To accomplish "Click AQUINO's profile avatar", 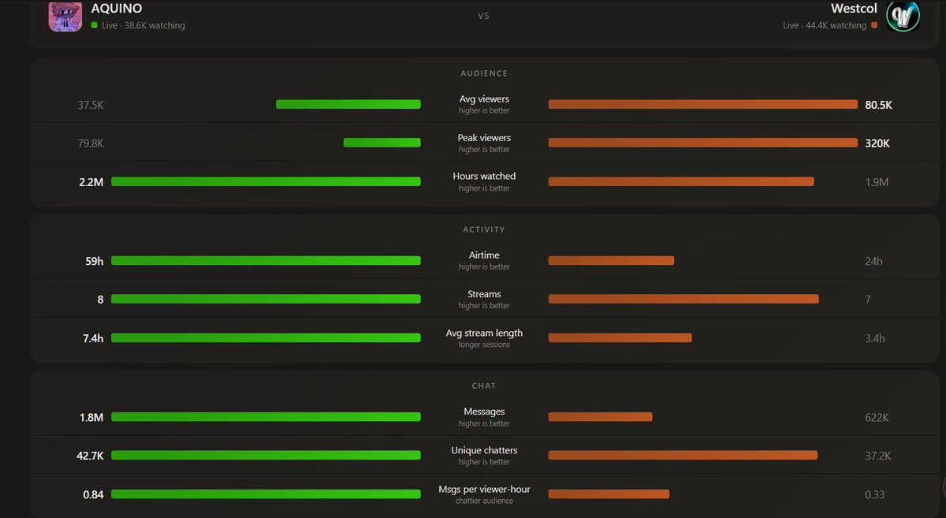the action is point(65,16).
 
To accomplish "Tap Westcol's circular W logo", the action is point(903,16).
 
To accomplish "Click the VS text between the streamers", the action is point(483,16).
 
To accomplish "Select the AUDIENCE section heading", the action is point(484,73).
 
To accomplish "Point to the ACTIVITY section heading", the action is point(484,229).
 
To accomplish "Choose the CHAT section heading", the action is point(484,386).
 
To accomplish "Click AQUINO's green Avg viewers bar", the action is point(348,104).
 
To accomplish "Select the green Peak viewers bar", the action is point(382,143).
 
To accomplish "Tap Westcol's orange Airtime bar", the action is point(611,261).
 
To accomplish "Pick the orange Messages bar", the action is point(600,417).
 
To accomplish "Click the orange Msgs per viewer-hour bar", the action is point(609,494).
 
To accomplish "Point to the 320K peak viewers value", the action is point(877,143).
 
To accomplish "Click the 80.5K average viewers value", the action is point(878,105).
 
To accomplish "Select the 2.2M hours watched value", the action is point(91,182).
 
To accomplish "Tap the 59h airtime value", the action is point(94,261).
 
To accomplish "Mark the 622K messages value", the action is point(877,417).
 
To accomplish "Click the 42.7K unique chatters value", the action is point(90,456).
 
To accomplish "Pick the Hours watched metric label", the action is point(484,176).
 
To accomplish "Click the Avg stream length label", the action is point(484,333).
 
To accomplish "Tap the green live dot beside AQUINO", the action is point(94,25).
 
